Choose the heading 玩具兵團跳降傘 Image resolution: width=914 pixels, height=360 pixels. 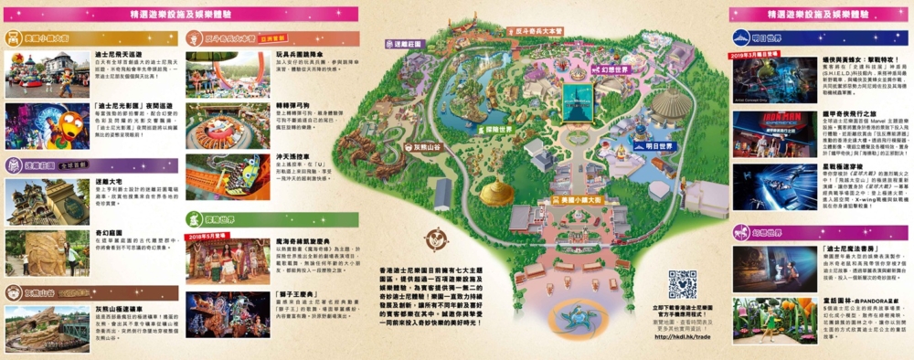pos(296,55)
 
